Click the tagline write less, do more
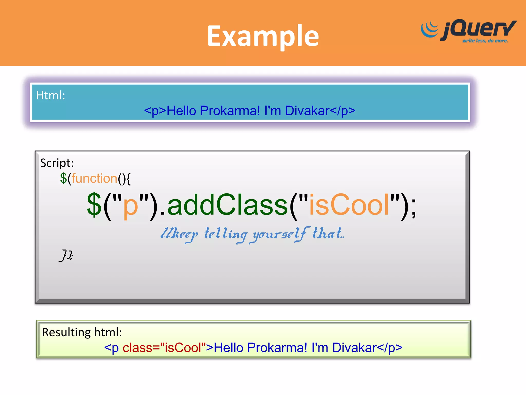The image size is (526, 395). (485, 41)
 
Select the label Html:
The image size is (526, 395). (51, 95)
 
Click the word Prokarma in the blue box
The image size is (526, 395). (230, 111)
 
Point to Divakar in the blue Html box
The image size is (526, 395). (307, 111)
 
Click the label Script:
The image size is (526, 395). (57, 163)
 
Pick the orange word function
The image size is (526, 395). (94, 178)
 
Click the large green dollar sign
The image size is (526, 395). (94, 205)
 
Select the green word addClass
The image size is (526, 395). (227, 205)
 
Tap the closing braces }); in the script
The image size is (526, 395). (66, 255)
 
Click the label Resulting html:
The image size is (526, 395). (82, 332)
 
